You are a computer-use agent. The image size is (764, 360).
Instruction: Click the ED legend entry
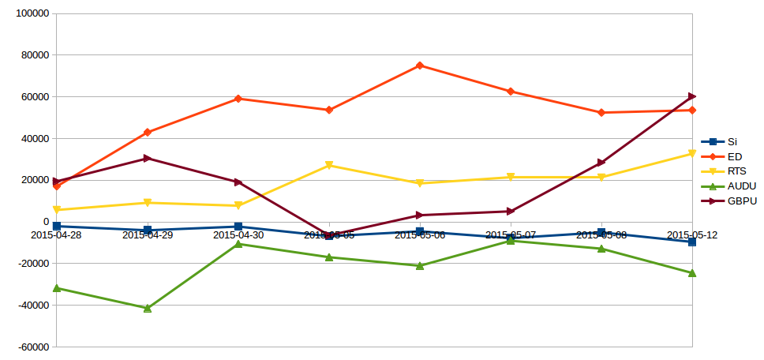pyautogui.click(x=734, y=156)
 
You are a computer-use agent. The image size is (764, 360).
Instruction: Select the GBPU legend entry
pyautogui.click(x=741, y=201)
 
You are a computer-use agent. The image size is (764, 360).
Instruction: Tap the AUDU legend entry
pyautogui.click(x=741, y=186)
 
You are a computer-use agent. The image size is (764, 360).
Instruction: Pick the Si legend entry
pyautogui.click(x=732, y=141)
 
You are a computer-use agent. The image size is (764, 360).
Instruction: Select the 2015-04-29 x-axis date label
pyautogui.click(x=147, y=235)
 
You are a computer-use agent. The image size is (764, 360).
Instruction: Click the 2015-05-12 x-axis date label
pyautogui.click(x=691, y=235)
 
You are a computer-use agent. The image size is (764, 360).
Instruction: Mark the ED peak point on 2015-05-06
pyautogui.click(x=420, y=66)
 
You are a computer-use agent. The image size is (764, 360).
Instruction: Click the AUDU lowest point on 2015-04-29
pyautogui.click(x=148, y=308)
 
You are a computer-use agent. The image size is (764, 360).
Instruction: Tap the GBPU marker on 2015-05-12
pyautogui.click(x=692, y=96)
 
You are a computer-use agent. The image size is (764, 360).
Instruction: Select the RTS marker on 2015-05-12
pyautogui.click(x=692, y=153)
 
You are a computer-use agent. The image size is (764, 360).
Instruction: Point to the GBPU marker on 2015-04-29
pyautogui.click(x=148, y=159)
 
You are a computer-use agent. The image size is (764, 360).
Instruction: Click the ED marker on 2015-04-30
pyautogui.click(x=238, y=99)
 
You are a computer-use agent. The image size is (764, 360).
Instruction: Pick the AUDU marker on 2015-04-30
pyautogui.click(x=238, y=244)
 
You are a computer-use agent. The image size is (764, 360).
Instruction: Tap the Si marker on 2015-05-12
pyautogui.click(x=692, y=242)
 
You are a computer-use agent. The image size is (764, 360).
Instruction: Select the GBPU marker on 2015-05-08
pyautogui.click(x=601, y=163)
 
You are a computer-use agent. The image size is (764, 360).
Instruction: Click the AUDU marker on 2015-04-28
pyautogui.click(x=57, y=288)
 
